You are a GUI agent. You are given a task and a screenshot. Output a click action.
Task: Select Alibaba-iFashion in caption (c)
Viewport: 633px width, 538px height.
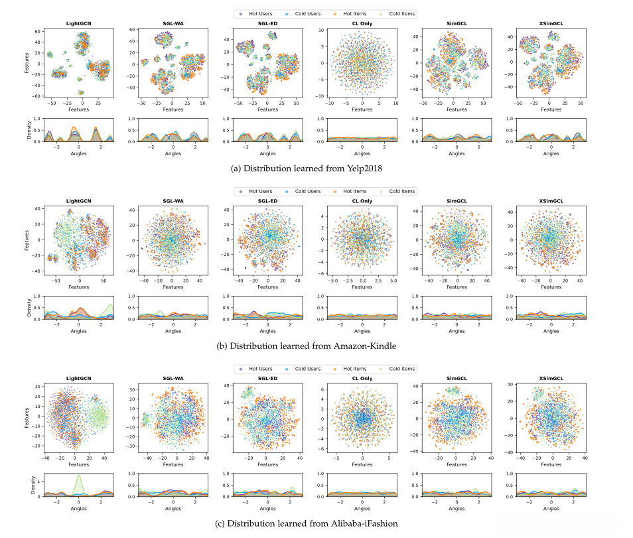tap(366, 523)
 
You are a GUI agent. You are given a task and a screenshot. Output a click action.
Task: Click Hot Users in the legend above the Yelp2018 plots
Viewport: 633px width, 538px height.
tap(259, 13)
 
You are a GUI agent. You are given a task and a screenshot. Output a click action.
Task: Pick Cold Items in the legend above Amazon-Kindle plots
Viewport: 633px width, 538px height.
tap(402, 191)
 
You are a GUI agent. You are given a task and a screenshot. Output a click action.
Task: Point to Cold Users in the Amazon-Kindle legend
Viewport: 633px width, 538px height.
tap(307, 191)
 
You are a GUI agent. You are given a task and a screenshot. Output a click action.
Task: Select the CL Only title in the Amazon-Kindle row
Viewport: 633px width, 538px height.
tap(362, 201)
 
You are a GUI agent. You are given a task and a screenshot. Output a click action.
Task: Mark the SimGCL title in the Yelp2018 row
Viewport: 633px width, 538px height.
tap(457, 23)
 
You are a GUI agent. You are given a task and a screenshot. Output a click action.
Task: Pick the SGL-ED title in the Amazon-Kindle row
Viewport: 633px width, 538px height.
tap(268, 201)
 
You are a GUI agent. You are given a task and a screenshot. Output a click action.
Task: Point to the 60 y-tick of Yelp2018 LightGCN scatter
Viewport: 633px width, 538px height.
tap(38, 31)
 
